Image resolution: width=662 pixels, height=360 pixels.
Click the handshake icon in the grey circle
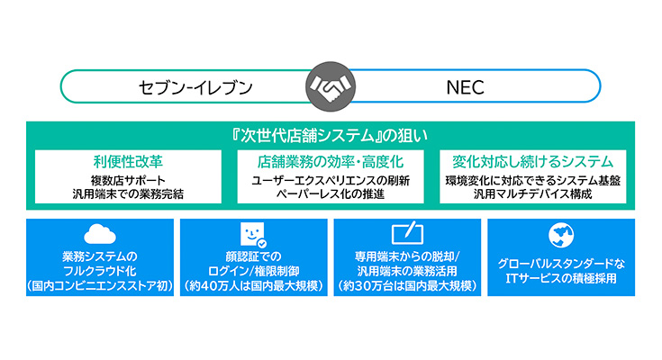pos(331,86)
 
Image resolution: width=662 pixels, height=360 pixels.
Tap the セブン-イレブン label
pos(195,87)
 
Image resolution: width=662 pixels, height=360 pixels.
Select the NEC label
pos(466,87)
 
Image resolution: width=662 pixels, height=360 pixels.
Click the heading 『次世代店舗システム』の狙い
pos(331,136)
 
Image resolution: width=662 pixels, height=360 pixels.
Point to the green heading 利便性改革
pos(128,162)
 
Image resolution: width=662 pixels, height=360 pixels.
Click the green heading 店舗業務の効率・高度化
pos(331,162)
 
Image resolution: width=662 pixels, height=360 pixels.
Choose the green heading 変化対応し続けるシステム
pos(533,162)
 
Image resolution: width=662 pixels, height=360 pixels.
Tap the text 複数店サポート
pos(128,181)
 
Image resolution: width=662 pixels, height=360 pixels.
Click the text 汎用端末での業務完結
pos(128,194)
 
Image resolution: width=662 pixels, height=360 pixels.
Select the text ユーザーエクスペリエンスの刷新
pos(331,181)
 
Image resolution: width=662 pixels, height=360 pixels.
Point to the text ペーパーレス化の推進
pos(331,194)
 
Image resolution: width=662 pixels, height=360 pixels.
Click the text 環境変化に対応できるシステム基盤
pos(533,181)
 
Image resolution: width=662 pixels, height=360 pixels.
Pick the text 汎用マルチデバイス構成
pos(533,194)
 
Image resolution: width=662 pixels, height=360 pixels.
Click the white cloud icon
pos(100,234)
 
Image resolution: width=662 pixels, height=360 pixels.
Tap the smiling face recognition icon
pos(253,235)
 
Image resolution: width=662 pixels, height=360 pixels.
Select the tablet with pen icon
pos(408,232)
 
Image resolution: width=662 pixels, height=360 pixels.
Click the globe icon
pos(561,235)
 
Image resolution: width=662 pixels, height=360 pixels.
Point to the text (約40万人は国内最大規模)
pos(254,286)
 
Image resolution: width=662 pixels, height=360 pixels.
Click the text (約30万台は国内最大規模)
pos(407,286)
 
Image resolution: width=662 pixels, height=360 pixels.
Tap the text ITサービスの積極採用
pos(561,278)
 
